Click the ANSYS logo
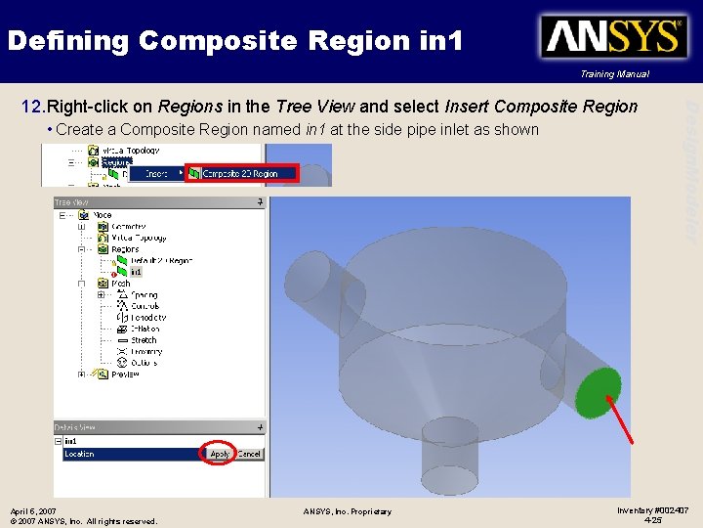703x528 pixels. (x=614, y=37)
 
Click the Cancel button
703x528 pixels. (x=249, y=454)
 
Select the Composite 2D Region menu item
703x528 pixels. (x=240, y=174)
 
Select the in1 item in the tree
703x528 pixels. (x=137, y=273)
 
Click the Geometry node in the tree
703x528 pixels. (x=128, y=226)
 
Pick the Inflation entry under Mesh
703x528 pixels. (x=145, y=329)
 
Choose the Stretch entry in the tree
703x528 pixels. (x=144, y=340)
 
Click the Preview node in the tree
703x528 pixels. (x=125, y=374)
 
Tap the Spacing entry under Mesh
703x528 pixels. (x=144, y=294)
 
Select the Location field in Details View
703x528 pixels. (x=127, y=454)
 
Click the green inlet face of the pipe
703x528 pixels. (x=599, y=392)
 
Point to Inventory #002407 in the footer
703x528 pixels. (x=652, y=510)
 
